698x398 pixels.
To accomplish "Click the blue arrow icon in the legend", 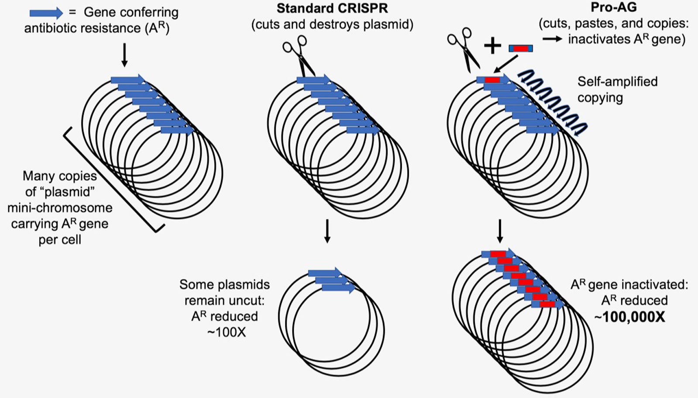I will pyautogui.click(x=46, y=13).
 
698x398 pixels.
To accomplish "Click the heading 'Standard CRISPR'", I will pyautogui.click(x=332, y=8).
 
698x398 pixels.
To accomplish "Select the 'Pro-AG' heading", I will pyautogui.click(x=613, y=7).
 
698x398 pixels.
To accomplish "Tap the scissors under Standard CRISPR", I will pyautogui.click(x=299, y=55).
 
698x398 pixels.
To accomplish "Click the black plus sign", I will pyautogui.click(x=493, y=46).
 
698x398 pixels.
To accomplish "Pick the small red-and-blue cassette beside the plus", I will pyautogui.click(x=520, y=48).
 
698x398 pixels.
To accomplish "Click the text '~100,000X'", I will pyautogui.click(x=630, y=317).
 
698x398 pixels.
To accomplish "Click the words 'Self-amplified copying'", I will pyautogui.click(x=617, y=89).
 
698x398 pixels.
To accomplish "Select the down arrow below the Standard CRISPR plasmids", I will pyautogui.click(x=327, y=231).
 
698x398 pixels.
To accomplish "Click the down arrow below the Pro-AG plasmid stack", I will pyautogui.click(x=500, y=231).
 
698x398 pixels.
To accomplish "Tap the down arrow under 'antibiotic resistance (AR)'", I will pyautogui.click(x=124, y=55).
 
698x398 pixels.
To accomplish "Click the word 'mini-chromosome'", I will pyautogui.click(x=60, y=208).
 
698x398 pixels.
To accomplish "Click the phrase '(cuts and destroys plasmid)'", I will pyautogui.click(x=332, y=24).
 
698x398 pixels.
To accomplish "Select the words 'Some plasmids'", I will pyautogui.click(x=224, y=284).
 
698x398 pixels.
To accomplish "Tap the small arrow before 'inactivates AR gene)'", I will pyautogui.click(x=552, y=39).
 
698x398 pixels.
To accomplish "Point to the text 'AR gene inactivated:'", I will pyautogui.click(x=629, y=285).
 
